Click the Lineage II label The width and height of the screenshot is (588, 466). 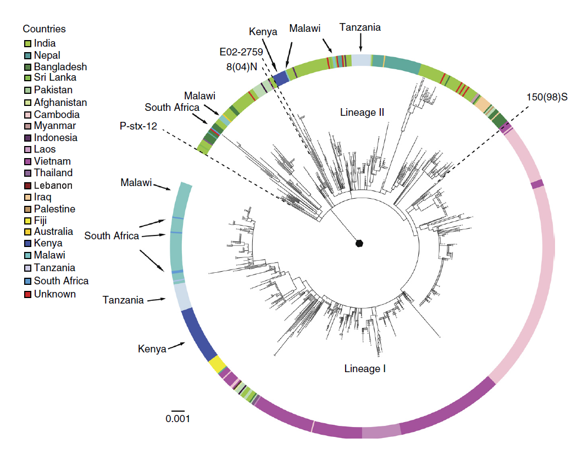[x=362, y=113]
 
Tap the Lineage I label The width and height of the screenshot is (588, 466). [x=365, y=368]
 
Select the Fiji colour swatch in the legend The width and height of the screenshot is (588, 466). [x=27, y=221]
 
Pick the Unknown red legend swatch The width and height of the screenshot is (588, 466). [x=27, y=294]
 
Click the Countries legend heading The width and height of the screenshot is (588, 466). [x=44, y=29]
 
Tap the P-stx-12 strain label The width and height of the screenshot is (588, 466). [x=138, y=126]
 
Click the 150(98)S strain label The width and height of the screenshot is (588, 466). [x=546, y=98]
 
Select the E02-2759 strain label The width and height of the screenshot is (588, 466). [x=241, y=52]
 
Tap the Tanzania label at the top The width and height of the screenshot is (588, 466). [x=360, y=27]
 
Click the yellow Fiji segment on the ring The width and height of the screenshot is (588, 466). [x=217, y=364]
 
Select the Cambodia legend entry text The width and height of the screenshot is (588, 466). [x=57, y=115]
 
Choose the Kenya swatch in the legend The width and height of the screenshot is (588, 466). [x=27, y=243]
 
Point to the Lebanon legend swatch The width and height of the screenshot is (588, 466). [x=27, y=186]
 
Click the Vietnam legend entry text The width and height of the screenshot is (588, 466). [x=52, y=161]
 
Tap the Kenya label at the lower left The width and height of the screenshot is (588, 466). [x=152, y=349]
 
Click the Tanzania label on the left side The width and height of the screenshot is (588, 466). [x=123, y=300]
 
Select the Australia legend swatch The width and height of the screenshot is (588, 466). [x=27, y=232]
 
